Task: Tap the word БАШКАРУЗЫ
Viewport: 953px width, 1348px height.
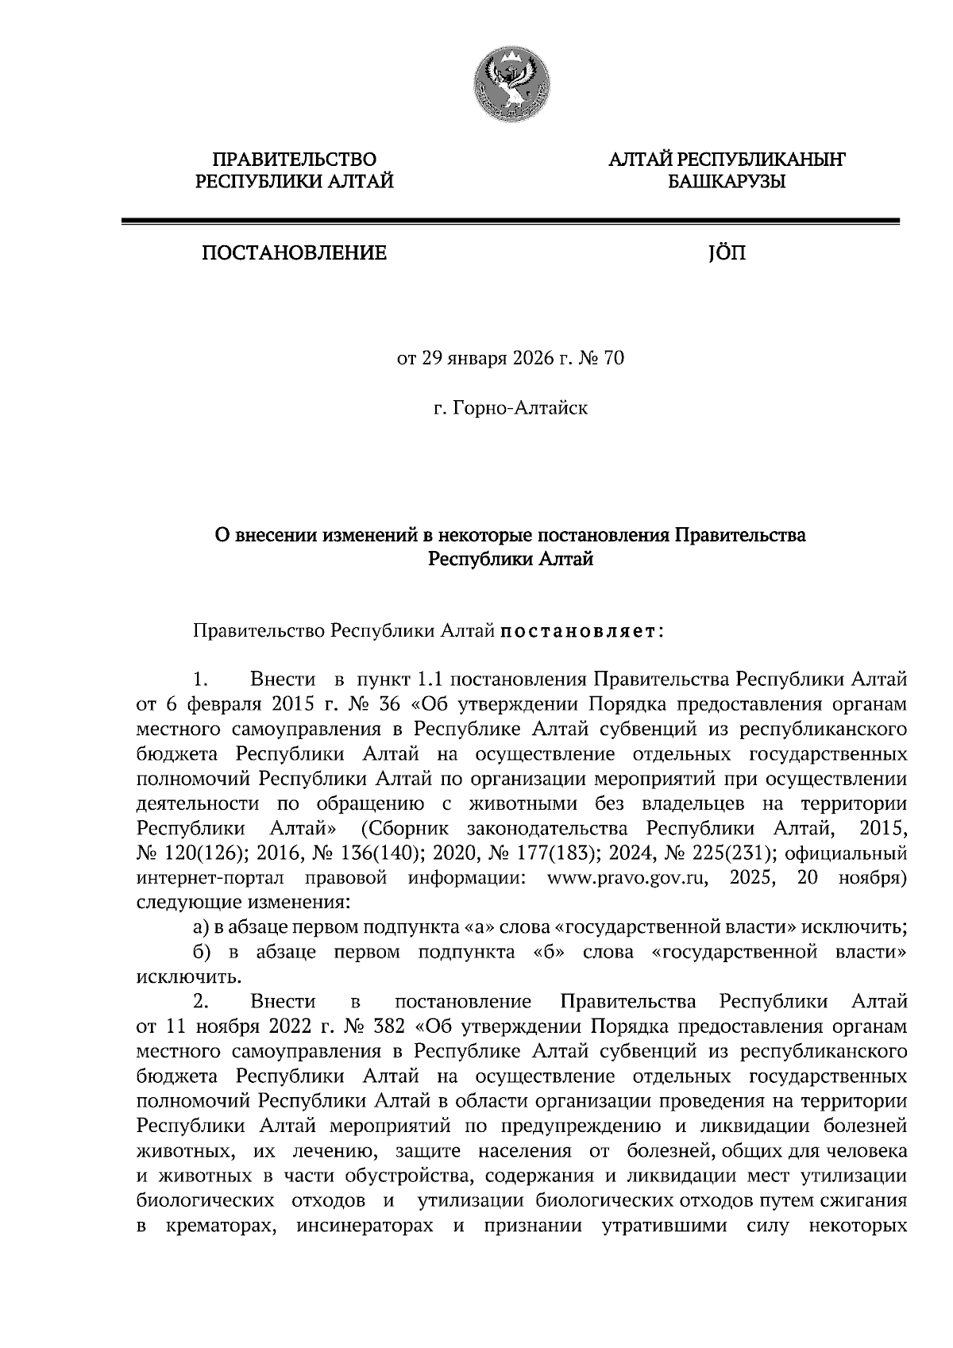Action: tap(726, 183)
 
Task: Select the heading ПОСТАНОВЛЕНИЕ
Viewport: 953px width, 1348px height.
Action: tap(294, 253)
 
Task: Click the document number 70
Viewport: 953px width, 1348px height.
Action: tap(614, 359)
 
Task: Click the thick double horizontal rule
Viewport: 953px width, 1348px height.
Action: tap(509, 222)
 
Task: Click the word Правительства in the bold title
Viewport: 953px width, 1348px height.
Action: tap(740, 535)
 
